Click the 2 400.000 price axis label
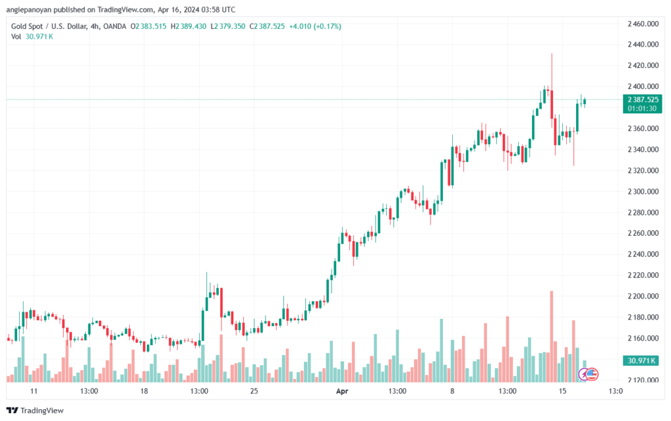click(x=643, y=86)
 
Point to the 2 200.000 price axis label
click(x=643, y=296)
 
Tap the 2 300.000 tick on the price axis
click(x=643, y=191)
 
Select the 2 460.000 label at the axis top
click(x=643, y=24)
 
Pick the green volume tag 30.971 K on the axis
click(x=641, y=361)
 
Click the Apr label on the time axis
click(x=342, y=391)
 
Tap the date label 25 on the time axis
click(x=254, y=391)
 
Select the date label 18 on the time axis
click(x=144, y=391)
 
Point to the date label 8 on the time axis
click(x=452, y=391)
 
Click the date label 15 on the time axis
click(x=562, y=391)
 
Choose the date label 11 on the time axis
click(x=34, y=391)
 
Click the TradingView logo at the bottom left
click(x=35, y=411)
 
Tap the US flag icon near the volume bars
click(x=592, y=375)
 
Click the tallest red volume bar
click(x=552, y=337)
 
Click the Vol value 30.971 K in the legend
click(x=39, y=37)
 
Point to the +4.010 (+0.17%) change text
click(x=315, y=26)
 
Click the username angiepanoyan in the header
click(x=29, y=9)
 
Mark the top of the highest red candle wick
click(x=552, y=54)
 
